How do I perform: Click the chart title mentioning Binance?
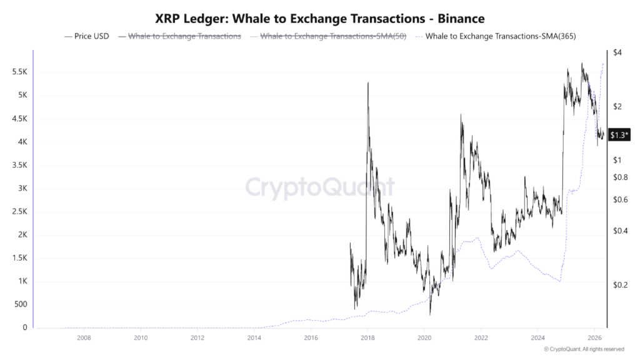[x=319, y=19]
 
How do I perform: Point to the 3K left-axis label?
[x=22, y=189]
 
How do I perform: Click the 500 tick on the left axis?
[x=21, y=305]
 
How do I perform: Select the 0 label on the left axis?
[x=25, y=328]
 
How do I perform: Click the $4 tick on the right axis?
[x=617, y=52]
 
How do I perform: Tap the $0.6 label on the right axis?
[x=620, y=200]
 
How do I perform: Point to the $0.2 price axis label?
[x=620, y=285]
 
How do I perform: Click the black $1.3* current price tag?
[x=619, y=136]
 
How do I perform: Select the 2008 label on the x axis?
[x=84, y=338]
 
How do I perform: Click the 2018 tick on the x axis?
[x=367, y=338]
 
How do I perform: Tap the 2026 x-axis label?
[x=595, y=338]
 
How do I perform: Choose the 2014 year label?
[x=254, y=338]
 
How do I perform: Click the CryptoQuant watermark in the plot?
[x=319, y=187]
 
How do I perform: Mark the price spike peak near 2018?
[x=368, y=82]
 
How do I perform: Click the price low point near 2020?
[x=430, y=314]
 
